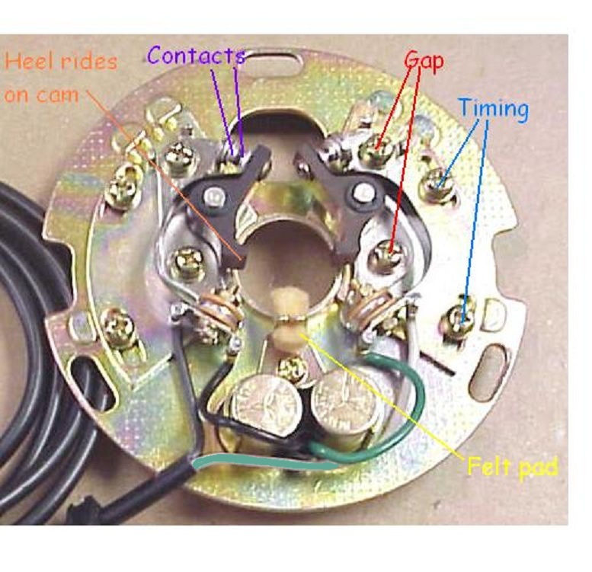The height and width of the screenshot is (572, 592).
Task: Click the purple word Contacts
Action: click(196, 56)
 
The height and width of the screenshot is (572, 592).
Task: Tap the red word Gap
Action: click(424, 62)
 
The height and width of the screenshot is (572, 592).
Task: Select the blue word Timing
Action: click(494, 108)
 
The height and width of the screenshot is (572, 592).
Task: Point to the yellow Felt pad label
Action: click(512, 468)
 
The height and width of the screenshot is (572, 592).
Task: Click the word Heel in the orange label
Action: click(32, 61)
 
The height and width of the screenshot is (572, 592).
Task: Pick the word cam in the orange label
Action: click(58, 95)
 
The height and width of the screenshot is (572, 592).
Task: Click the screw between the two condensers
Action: click(293, 368)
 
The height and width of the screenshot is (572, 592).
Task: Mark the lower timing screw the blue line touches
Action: click(463, 317)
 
